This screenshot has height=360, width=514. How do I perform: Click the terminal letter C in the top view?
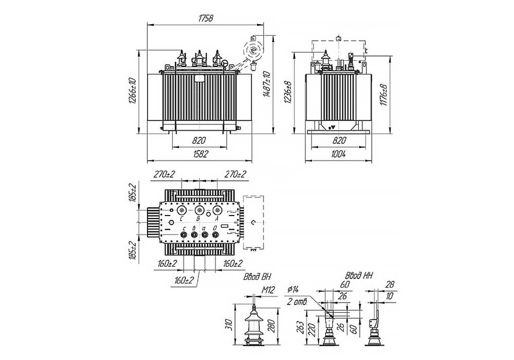[x=181, y=219]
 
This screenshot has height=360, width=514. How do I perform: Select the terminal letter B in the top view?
[x=199, y=219]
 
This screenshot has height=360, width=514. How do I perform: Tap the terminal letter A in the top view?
[x=217, y=219]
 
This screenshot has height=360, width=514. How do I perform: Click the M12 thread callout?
[x=269, y=290]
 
